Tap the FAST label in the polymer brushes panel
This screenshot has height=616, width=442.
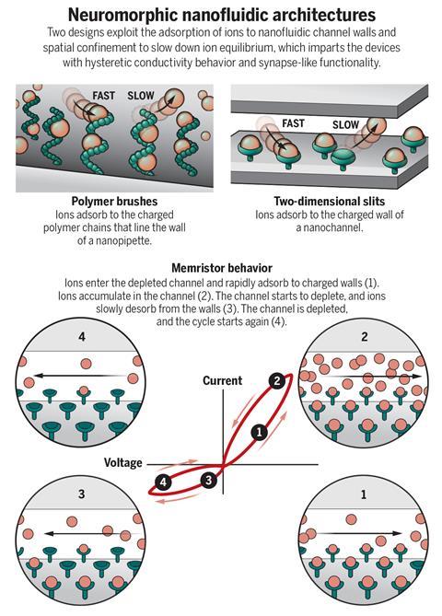click(104, 96)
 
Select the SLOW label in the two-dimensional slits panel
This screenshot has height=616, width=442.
click(345, 125)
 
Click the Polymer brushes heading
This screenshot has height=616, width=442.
click(114, 202)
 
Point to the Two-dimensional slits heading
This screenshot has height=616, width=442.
click(330, 201)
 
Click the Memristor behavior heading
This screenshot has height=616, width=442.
click(222, 268)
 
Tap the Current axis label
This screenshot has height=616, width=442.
click(222, 380)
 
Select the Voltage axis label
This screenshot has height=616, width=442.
click(123, 462)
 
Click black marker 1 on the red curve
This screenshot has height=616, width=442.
click(259, 433)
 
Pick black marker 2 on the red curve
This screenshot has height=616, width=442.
click(277, 380)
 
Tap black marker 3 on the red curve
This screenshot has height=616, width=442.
click(209, 480)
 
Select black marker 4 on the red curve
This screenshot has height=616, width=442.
click(163, 482)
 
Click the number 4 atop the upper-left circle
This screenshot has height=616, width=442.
click(82, 337)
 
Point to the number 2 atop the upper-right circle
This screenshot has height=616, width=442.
click(365, 337)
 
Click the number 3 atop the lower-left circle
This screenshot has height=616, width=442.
click(81, 494)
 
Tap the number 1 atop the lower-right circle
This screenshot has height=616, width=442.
click(364, 494)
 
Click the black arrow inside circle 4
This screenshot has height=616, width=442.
click(80, 376)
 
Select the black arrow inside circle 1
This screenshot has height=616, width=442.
click(356, 533)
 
